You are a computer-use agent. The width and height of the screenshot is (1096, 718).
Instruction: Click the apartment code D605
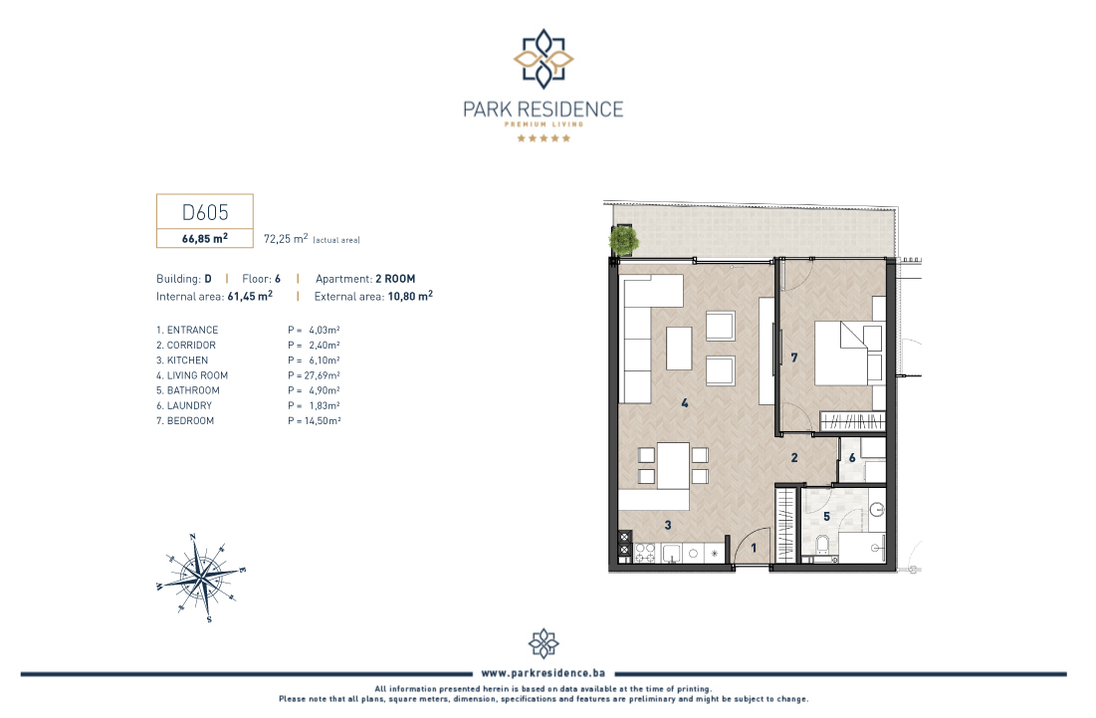click(205, 212)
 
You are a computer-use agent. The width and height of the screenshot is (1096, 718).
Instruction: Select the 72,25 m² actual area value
click(285, 238)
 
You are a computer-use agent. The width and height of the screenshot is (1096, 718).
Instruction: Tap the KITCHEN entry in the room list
click(182, 360)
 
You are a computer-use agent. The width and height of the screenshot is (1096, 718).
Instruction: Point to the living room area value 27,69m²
click(314, 375)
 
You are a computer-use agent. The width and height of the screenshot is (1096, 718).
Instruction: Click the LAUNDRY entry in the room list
click(184, 405)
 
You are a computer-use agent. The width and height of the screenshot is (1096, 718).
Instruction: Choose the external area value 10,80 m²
click(410, 296)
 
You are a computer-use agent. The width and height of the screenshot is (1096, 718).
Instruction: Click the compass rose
click(201, 578)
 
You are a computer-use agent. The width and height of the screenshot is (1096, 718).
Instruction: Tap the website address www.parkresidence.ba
click(544, 673)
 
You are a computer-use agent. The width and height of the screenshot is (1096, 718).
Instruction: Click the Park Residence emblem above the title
click(544, 59)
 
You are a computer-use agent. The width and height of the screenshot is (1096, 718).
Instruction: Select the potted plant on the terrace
click(623, 241)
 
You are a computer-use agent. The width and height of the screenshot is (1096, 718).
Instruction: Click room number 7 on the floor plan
click(794, 358)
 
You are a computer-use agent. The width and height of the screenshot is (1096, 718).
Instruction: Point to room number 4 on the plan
click(684, 402)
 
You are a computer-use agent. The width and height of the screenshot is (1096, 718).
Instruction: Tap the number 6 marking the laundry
click(852, 458)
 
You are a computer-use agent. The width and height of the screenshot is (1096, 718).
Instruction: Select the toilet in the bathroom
click(822, 544)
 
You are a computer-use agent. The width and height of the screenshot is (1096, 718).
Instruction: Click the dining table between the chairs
click(673, 466)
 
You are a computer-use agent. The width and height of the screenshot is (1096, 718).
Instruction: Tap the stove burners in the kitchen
click(644, 553)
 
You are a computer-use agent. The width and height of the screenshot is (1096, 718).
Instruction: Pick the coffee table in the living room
click(679, 349)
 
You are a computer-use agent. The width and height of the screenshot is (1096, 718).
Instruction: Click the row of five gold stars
click(544, 138)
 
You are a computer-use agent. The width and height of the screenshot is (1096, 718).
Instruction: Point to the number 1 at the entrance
click(754, 548)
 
